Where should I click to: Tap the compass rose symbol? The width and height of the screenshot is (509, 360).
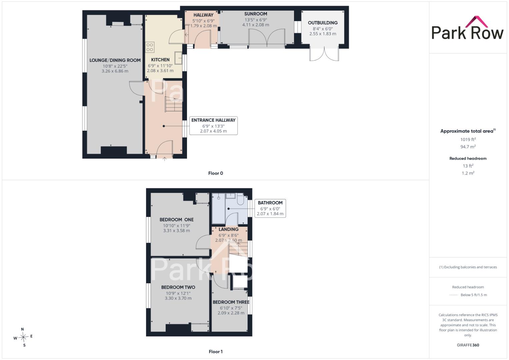tap(23, 337)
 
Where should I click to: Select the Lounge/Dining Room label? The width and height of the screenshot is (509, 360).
tap(115, 60)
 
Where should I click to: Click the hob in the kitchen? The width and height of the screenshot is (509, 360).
tap(150, 47)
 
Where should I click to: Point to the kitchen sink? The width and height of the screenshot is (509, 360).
tap(179, 58)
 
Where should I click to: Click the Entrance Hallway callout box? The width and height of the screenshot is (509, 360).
tap(213, 125)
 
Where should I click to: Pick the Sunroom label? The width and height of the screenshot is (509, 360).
tap(256, 14)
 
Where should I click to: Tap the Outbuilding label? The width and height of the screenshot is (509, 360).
tap(323, 23)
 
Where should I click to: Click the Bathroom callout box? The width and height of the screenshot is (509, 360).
tap(270, 208)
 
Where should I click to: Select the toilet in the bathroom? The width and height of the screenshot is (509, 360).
tap(240, 199)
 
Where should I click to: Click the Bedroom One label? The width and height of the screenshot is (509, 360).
tap(177, 220)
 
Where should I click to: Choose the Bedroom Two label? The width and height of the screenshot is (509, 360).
tap(178, 287)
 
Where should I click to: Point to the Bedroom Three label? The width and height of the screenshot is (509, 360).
tap(231, 302)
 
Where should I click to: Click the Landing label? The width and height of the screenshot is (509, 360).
tap(229, 229)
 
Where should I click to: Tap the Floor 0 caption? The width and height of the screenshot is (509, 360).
tap(216, 173)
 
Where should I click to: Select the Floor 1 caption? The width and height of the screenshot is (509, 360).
tap(216, 352)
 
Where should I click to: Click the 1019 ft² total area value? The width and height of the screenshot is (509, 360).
tap(468, 139)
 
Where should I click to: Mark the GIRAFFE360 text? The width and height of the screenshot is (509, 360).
tap(468, 345)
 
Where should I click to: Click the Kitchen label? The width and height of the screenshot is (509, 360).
tap(160, 60)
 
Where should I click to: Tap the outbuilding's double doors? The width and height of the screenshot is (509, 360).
tap(324, 54)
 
